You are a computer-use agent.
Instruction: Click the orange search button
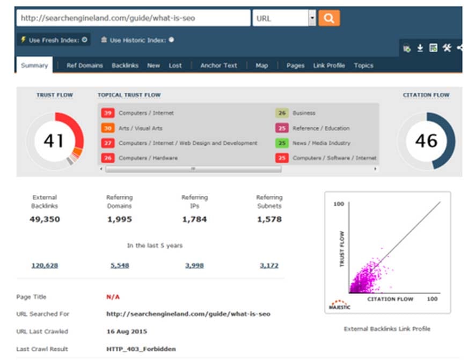click(x=329, y=18)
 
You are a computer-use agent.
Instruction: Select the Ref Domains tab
click(x=84, y=65)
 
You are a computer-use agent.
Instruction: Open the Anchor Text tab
click(x=218, y=65)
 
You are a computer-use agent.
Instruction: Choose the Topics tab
click(x=363, y=65)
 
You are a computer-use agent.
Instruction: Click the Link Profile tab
click(x=329, y=65)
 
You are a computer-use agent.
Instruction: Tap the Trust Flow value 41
click(x=54, y=141)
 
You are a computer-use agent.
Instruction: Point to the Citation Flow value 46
click(x=426, y=141)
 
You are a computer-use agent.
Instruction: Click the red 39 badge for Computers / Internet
click(x=108, y=113)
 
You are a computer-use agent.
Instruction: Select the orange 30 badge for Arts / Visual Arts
click(x=108, y=128)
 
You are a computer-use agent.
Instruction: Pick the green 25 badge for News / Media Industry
click(x=282, y=143)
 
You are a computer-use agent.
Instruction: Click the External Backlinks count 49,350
click(x=45, y=219)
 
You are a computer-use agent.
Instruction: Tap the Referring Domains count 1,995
click(x=120, y=219)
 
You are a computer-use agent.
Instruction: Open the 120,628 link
click(x=45, y=266)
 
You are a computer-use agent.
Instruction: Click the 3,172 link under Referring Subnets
click(x=269, y=266)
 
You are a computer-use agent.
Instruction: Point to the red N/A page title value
click(x=113, y=297)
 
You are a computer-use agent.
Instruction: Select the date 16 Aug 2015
click(x=127, y=332)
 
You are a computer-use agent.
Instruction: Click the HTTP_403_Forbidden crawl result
click(x=141, y=349)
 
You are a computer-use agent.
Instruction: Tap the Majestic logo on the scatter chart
click(x=340, y=305)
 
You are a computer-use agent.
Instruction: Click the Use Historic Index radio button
click(x=171, y=40)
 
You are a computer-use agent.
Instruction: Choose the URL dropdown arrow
click(x=312, y=18)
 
